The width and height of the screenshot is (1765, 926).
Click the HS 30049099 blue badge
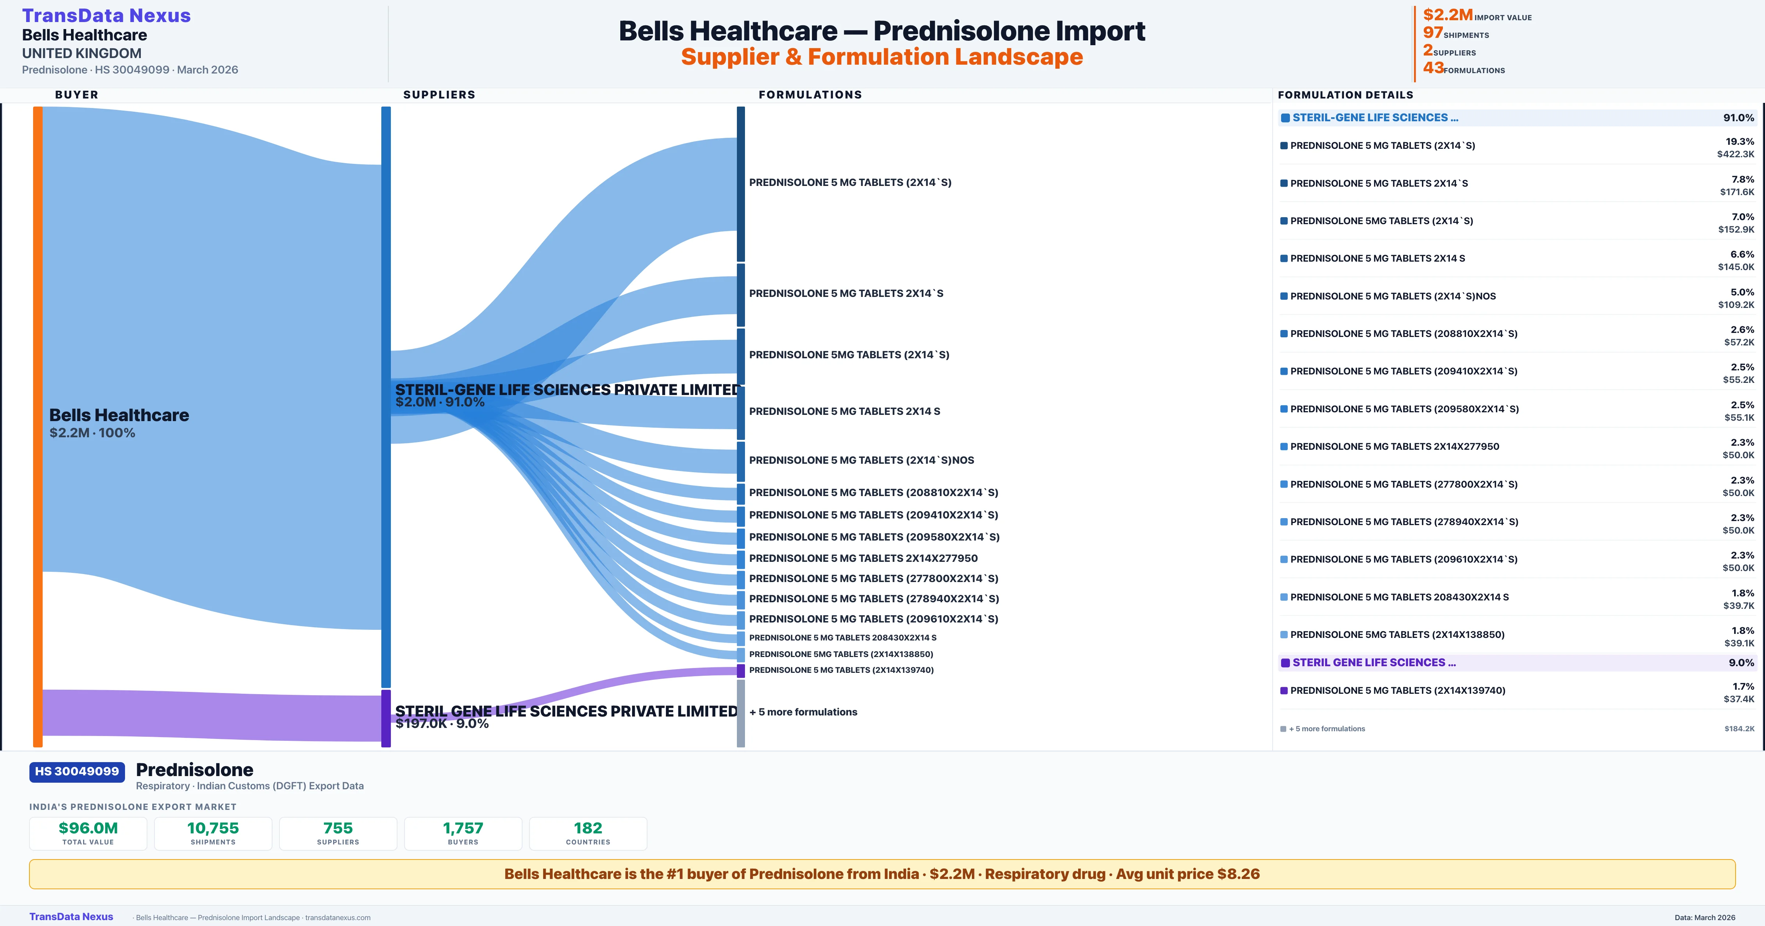tap(77, 772)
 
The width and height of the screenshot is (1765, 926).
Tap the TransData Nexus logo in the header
tap(106, 16)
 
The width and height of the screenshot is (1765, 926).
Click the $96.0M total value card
tap(88, 833)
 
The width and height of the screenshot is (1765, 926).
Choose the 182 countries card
tap(588, 833)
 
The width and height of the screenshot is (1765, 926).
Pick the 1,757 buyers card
tap(463, 833)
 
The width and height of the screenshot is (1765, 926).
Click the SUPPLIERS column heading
tap(439, 94)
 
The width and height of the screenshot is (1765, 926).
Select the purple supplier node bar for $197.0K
tap(386, 718)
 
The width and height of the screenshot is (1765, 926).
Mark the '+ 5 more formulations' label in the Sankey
tap(803, 712)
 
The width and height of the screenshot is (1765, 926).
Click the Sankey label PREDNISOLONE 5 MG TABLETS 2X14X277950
tap(863, 558)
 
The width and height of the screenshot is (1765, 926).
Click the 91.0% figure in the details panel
tap(1738, 118)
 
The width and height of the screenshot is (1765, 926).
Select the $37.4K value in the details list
tap(1738, 699)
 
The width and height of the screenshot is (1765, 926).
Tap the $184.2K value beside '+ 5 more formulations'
tap(1739, 729)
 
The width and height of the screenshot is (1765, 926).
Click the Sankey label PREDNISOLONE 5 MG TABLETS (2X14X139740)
tap(841, 670)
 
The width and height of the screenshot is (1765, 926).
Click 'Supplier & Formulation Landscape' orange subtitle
tap(882, 57)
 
